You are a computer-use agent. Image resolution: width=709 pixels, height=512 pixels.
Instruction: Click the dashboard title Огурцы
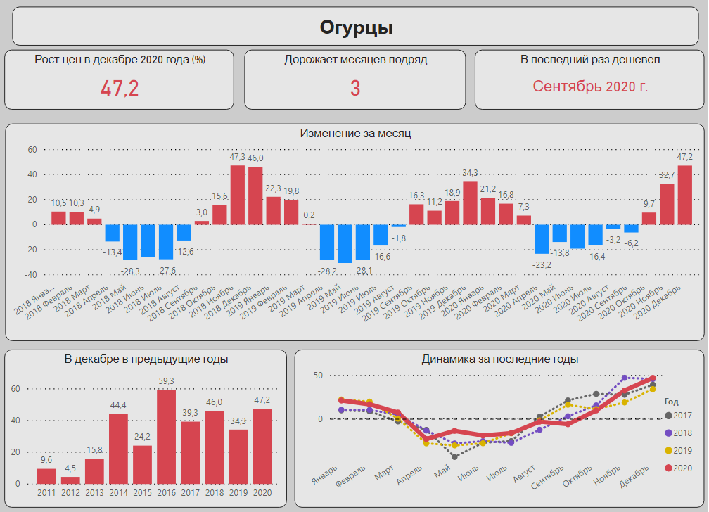point(356,27)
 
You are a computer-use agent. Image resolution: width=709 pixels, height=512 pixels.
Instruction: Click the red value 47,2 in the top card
point(120,88)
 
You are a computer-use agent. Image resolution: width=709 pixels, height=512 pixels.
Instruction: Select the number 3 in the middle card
point(355,88)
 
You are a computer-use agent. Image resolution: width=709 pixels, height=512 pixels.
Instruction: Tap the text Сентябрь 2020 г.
point(590,87)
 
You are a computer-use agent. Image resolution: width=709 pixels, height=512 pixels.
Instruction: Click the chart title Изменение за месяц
point(355,133)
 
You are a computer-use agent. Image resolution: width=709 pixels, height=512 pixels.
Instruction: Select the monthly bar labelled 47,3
point(238,195)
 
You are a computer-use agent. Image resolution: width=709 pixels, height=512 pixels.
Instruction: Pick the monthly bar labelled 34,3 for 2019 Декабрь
point(470,203)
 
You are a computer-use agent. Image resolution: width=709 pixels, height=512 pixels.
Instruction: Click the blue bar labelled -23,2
point(542,239)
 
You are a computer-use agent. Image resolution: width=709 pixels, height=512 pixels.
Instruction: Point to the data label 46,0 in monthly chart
point(255,158)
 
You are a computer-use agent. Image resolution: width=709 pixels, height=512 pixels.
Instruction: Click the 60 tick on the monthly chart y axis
point(32,149)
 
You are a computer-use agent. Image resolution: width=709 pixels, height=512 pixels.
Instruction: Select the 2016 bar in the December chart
point(166,436)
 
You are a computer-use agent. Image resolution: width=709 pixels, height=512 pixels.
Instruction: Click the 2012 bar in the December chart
point(70,480)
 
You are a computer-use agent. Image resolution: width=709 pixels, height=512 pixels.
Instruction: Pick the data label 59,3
point(166,381)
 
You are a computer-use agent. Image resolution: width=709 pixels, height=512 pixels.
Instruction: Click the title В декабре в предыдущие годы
point(146,359)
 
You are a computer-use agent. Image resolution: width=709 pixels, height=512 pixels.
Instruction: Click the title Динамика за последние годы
point(499,359)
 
